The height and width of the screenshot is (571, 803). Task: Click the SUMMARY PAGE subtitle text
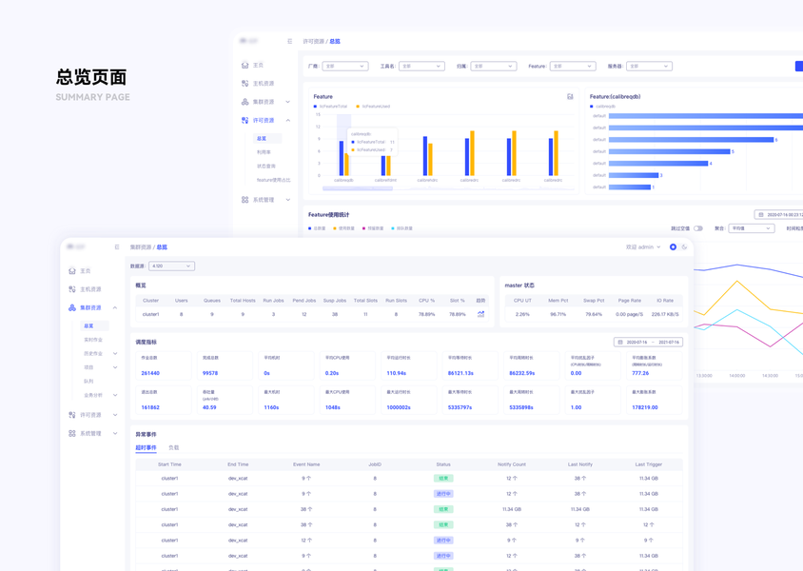pyautogui.click(x=93, y=98)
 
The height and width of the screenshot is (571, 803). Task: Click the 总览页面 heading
pyautogui.click(x=91, y=77)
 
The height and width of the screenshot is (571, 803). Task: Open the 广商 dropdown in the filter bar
pyautogui.click(x=344, y=67)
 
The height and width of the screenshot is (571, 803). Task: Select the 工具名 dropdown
pyautogui.click(x=421, y=67)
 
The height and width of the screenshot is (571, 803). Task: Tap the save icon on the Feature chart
pyautogui.click(x=570, y=97)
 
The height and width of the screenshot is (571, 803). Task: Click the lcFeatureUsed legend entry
pyautogui.click(x=373, y=107)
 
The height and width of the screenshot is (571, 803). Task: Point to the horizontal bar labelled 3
pyautogui.click(x=634, y=175)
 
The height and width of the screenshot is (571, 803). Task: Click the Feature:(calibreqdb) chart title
pyautogui.click(x=615, y=96)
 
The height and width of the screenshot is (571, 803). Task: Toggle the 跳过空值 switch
pyautogui.click(x=698, y=228)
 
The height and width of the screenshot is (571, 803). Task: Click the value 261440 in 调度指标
pyautogui.click(x=150, y=373)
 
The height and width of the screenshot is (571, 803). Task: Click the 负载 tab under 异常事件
pyautogui.click(x=174, y=447)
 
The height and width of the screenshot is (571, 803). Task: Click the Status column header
pyautogui.click(x=442, y=464)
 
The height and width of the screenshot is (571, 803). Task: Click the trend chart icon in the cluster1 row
pyautogui.click(x=480, y=314)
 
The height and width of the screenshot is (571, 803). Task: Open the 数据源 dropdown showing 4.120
pyautogui.click(x=171, y=266)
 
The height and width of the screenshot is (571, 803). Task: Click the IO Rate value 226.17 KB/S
pyautogui.click(x=665, y=314)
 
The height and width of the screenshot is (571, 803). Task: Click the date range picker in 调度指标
pyautogui.click(x=648, y=342)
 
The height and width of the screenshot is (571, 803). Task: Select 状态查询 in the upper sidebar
pyautogui.click(x=266, y=167)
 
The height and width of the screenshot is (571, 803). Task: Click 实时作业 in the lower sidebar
pyautogui.click(x=93, y=340)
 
